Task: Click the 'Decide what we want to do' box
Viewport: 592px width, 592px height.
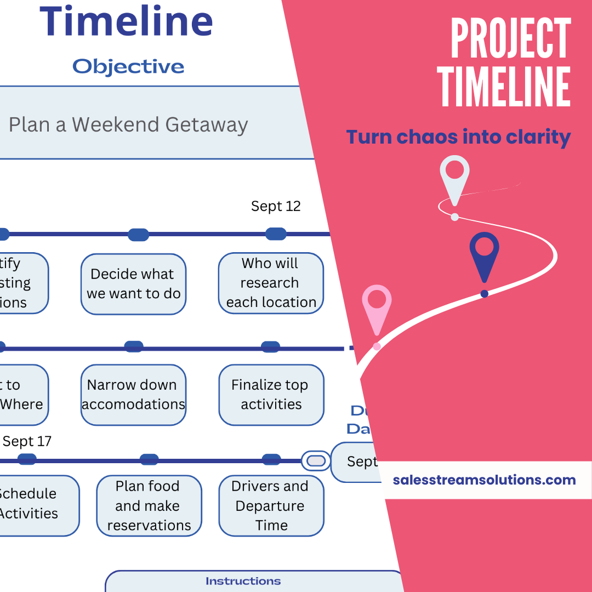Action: click(x=133, y=284)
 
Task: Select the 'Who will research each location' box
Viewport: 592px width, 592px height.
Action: click(x=271, y=283)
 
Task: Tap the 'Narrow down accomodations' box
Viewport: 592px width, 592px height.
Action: click(x=133, y=395)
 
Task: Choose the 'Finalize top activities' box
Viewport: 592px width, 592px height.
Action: click(x=271, y=395)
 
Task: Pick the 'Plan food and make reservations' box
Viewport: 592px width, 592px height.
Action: click(x=149, y=505)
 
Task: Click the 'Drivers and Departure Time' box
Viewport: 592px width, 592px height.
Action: click(x=271, y=505)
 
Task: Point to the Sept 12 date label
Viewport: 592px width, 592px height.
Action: click(x=276, y=206)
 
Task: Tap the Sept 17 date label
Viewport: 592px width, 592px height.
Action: click(x=27, y=441)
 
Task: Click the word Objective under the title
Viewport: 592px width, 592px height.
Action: click(x=128, y=67)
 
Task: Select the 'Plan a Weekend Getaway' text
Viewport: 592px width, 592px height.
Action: click(x=128, y=125)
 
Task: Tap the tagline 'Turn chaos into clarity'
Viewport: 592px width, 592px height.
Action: click(x=458, y=137)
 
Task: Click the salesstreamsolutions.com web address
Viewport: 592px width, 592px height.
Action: click(x=484, y=480)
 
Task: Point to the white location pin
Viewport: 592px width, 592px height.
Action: click(x=454, y=178)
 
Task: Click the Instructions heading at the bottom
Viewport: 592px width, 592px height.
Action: click(x=243, y=581)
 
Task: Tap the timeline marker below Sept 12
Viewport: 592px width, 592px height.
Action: click(x=276, y=234)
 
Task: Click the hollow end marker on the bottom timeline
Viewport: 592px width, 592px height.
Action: click(x=316, y=460)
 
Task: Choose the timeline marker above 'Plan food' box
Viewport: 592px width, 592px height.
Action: click(x=149, y=460)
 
